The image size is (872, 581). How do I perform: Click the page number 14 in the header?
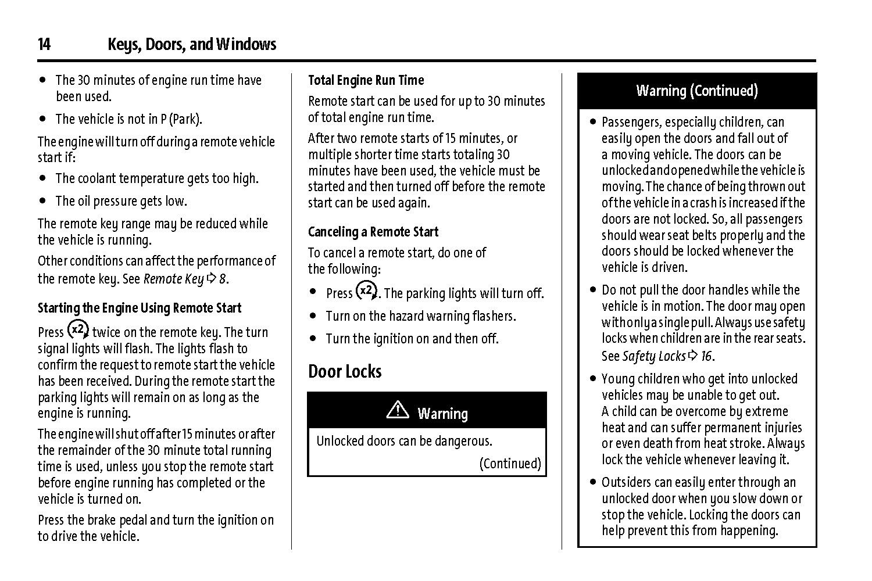tap(44, 45)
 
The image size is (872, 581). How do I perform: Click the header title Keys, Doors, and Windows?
tap(192, 45)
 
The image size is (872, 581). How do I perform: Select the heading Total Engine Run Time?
tap(366, 80)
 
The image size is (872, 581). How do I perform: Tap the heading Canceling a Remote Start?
tap(373, 232)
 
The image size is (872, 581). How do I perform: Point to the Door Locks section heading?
tap(345, 371)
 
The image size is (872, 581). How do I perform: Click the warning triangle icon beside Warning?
tap(398, 411)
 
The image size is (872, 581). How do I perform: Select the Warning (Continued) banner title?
tap(696, 91)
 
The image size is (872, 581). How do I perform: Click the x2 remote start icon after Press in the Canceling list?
tap(366, 290)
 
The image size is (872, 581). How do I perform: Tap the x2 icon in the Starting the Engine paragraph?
tap(78, 329)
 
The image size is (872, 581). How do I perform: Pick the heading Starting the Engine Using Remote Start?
tap(140, 308)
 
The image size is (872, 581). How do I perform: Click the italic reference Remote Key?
tap(173, 279)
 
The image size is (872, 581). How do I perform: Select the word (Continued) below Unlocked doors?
tap(510, 464)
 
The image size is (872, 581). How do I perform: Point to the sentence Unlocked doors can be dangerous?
tap(404, 441)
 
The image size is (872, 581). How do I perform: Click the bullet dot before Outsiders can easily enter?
tap(592, 482)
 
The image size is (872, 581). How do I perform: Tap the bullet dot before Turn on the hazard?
tap(313, 317)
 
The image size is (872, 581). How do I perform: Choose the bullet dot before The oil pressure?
tap(43, 202)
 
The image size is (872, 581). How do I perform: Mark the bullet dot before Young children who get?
tap(592, 379)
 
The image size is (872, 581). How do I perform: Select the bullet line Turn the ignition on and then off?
tap(412, 339)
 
